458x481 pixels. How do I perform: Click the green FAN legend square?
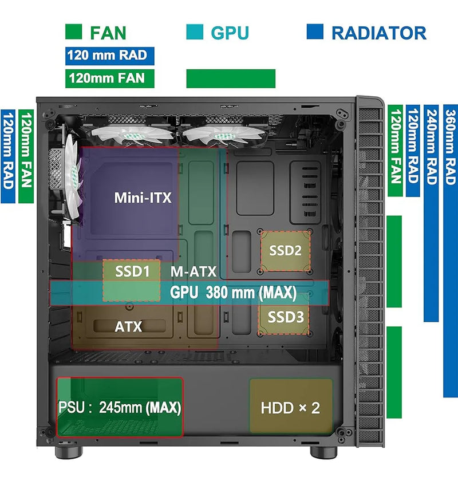click(74, 32)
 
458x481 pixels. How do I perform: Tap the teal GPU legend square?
click(195, 32)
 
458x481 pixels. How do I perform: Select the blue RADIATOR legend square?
click(315, 32)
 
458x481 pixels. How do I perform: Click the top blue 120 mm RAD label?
click(110, 56)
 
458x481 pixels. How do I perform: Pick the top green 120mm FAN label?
click(110, 78)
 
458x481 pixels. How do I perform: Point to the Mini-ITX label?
click(143, 198)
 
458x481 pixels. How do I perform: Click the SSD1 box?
click(132, 281)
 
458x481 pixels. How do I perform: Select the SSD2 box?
click(285, 251)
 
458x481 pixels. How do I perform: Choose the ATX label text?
click(128, 327)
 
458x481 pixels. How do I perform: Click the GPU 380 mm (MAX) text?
click(234, 293)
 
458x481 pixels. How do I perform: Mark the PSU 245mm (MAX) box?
click(120, 407)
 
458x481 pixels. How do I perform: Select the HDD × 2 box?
click(290, 408)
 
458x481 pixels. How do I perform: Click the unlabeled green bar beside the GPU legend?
click(231, 78)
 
